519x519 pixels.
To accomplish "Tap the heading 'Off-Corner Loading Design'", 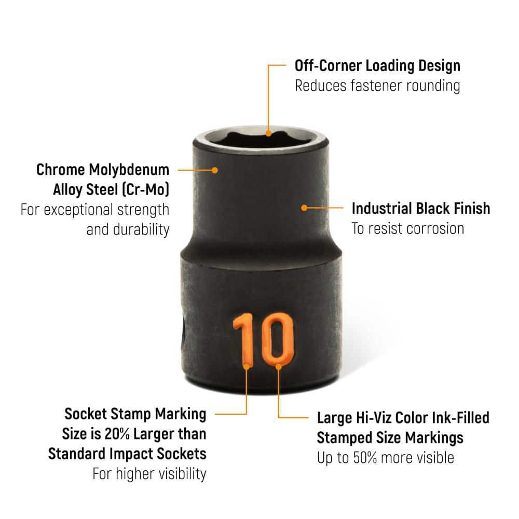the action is [x=377, y=65].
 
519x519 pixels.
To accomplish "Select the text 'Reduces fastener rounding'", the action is [x=377, y=86].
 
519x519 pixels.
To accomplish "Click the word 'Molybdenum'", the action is [x=129, y=170].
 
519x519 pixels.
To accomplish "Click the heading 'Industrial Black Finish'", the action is [x=421, y=209].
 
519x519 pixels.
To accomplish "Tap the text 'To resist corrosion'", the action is [x=408, y=229].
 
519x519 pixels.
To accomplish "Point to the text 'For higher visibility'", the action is [x=149, y=474].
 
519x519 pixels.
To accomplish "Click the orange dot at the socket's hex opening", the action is [x=268, y=133].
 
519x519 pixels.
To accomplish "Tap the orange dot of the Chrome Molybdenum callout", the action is [x=215, y=170].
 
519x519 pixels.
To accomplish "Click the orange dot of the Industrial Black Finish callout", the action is [x=304, y=208].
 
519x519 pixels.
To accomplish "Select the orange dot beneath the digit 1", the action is [x=247, y=366].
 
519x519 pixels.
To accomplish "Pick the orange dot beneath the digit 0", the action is [x=279, y=366].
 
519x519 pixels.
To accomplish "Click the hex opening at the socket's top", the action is [x=261, y=138].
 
